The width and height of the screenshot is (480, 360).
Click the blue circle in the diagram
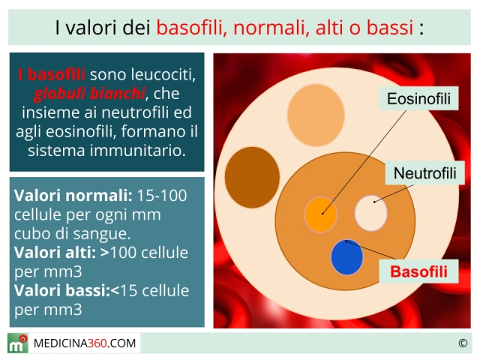click(x=346, y=257)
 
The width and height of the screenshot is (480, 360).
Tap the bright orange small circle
click(x=321, y=214)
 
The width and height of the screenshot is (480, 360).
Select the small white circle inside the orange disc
click(x=371, y=213)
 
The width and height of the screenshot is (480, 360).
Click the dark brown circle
click(x=252, y=177)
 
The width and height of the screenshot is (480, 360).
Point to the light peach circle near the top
click(x=316, y=115)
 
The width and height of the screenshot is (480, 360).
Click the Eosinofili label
click(x=418, y=98)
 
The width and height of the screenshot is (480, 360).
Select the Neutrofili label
click(x=425, y=173)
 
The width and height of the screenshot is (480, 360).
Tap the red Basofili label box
click(x=418, y=271)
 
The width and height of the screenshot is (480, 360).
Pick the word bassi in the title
click(x=390, y=27)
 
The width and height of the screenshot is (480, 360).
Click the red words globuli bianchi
click(x=89, y=93)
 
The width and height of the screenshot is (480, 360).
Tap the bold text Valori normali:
click(x=73, y=195)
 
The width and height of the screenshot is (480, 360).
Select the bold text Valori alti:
click(x=55, y=253)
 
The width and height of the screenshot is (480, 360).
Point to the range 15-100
click(x=162, y=195)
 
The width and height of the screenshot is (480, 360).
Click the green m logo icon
click(x=18, y=343)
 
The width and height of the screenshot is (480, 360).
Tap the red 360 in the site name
click(x=97, y=343)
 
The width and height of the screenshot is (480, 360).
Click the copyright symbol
click(x=463, y=343)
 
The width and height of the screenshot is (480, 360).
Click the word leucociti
click(x=163, y=74)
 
